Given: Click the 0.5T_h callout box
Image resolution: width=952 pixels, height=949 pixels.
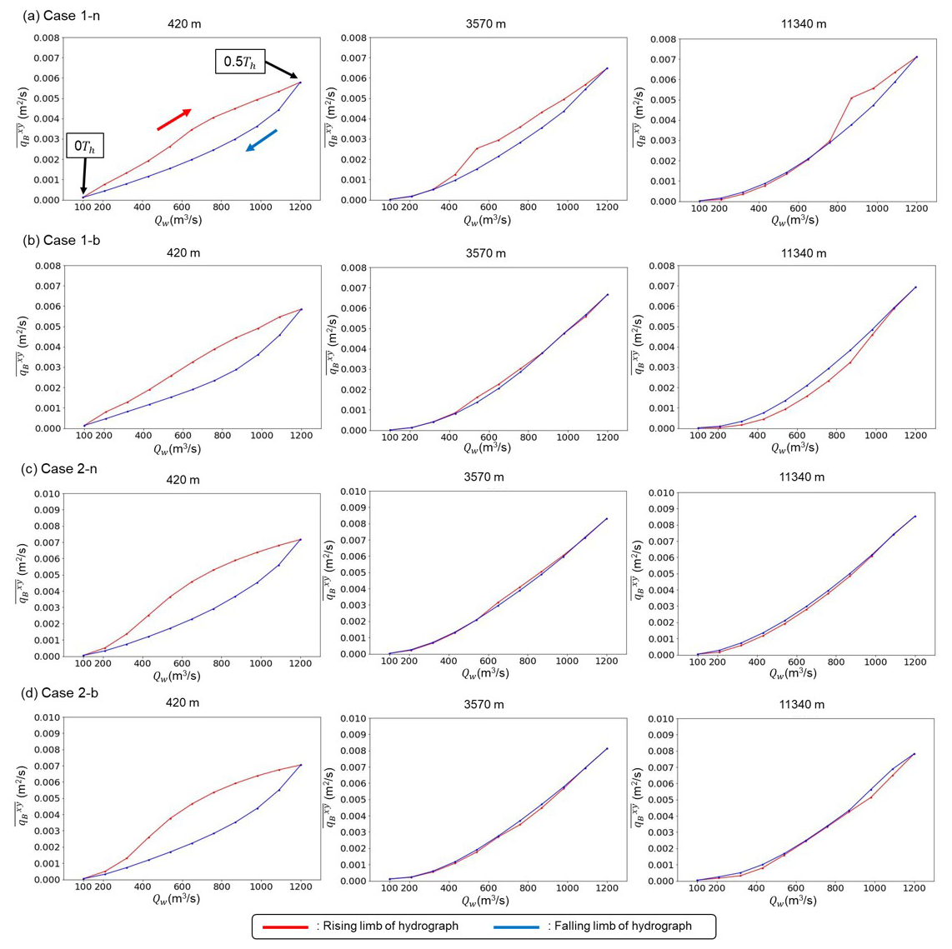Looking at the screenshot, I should click(240, 62).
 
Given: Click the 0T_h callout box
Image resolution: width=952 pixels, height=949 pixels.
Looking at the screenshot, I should click(84, 147).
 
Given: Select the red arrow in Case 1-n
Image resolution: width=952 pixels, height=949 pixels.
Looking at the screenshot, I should click(174, 119).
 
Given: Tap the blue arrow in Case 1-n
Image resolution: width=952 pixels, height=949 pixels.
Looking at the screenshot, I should click(262, 140).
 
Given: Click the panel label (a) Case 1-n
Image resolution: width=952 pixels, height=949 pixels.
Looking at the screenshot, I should click(62, 16).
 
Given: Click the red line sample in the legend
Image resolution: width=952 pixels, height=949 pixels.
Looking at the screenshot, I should click(285, 927).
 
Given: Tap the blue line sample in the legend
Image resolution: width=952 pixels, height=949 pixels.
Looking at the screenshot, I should click(516, 927).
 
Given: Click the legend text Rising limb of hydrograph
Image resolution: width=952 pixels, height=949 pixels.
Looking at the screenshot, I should click(388, 927).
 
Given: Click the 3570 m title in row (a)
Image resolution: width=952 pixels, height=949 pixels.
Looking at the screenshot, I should click(485, 23).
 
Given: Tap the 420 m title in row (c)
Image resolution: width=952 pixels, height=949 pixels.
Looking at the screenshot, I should click(183, 480).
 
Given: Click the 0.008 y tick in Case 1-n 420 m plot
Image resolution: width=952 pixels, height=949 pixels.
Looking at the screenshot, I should click(47, 38).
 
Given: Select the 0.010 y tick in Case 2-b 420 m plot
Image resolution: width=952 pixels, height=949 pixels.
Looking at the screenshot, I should click(47, 718).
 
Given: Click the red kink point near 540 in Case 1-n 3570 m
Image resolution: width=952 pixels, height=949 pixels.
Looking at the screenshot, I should click(477, 149).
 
